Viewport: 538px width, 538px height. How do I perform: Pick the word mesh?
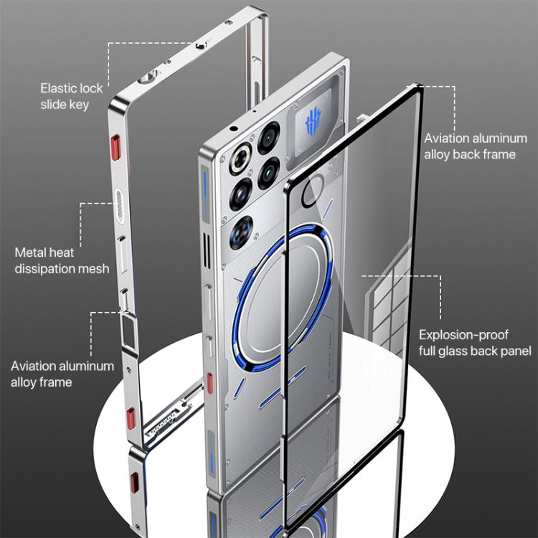(x=93, y=269)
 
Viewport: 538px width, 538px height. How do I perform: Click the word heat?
(x=62, y=253)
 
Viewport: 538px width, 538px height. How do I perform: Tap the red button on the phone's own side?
(x=209, y=382)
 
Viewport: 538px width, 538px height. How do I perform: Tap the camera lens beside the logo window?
(x=270, y=134)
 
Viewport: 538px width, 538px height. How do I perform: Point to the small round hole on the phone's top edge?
(x=235, y=128)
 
